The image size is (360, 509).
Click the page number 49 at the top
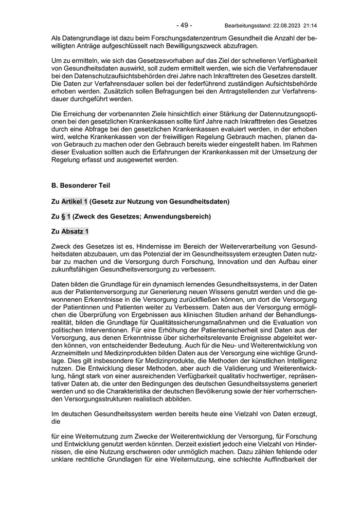[184, 25]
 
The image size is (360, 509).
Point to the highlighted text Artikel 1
[75, 201]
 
